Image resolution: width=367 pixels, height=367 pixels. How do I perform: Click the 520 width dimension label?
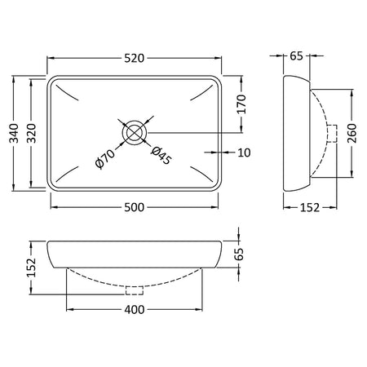pyautogui.click(x=135, y=58)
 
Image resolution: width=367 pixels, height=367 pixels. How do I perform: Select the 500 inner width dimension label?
pyautogui.click(x=135, y=207)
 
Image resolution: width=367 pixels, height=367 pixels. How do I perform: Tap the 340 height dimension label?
pyautogui.click(x=14, y=133)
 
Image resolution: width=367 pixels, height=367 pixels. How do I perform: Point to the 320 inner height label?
pyautogui.click(x=32, y=133)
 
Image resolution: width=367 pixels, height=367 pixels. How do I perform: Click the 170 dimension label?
pyautogui.click(x=241, y=104)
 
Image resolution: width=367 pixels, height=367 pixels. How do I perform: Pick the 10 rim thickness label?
pyautogui.click(x=244, y=153)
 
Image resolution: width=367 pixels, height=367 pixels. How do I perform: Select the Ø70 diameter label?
pyautogui.click(x=105, y=159)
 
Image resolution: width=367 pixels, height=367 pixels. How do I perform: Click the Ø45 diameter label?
pyautogui.click(x=161, y=156)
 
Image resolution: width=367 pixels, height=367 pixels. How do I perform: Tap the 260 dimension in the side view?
pyautogui.click(x=352, y=133)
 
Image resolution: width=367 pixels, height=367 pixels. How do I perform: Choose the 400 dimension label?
pyautogui.click(x=135, y=310)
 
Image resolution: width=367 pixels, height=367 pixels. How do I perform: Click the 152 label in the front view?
pyautogui.click(x=32, y=268)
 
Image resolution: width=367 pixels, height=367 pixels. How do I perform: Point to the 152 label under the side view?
pyautogui.click(x=310, y=208)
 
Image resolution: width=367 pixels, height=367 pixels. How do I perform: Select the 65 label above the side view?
pyautogui.click(x=296, y=56)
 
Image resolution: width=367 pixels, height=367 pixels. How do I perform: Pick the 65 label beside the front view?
pyautogui.click(x=239, y=254)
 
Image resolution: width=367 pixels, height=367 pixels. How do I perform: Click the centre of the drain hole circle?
pyautogui.click(x=135, y=133)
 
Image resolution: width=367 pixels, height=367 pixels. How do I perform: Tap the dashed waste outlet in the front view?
pyautogui.click(x=135, y=290)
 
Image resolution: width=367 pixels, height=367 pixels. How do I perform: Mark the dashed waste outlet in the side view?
pyautogui.click(x=332, y=134)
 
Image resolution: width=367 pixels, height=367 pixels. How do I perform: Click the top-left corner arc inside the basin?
pyautogui.click(x=66, y=93)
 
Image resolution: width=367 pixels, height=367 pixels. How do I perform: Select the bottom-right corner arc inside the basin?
pyautogui.click(x=201, y=174)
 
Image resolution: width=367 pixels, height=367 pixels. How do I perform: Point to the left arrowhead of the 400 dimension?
pyautogui.click(x=70, y=309)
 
